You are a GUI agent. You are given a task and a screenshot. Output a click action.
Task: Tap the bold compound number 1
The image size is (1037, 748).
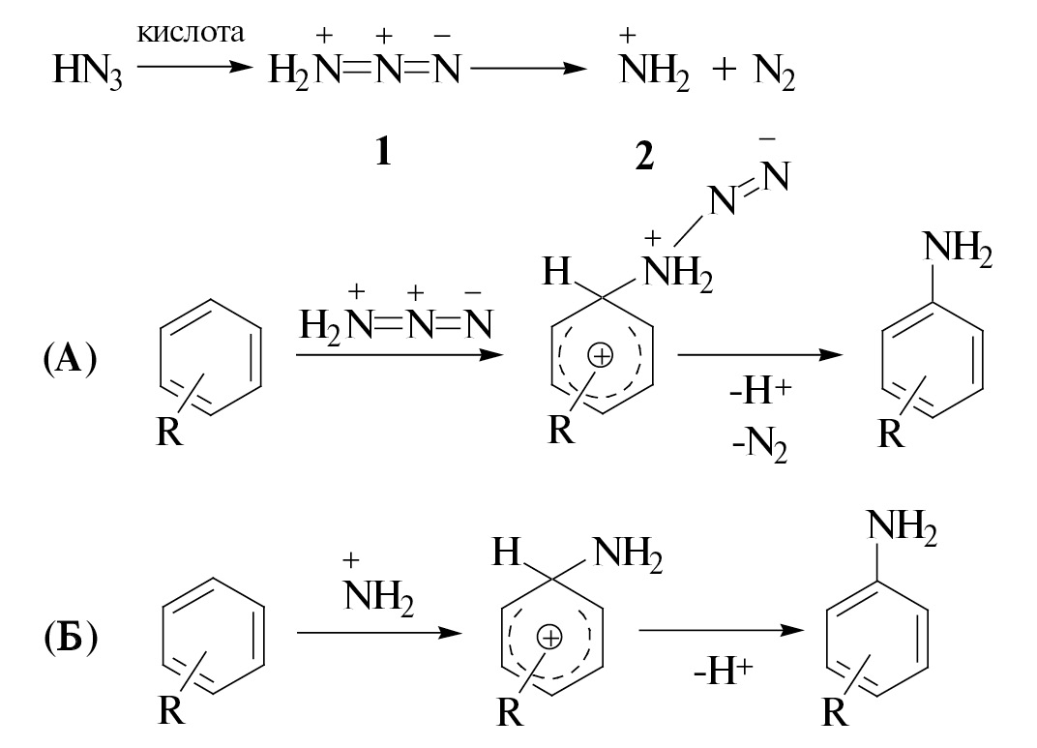383,151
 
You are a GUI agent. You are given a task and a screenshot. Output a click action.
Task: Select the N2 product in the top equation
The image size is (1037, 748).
774,73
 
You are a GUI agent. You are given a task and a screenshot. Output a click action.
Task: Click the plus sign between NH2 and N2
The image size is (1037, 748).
724,72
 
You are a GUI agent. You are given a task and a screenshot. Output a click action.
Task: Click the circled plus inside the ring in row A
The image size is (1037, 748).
602,357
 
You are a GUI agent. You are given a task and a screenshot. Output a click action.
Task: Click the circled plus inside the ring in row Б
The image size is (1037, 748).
549,638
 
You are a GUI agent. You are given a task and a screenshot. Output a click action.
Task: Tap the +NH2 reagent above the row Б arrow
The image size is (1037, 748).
378,590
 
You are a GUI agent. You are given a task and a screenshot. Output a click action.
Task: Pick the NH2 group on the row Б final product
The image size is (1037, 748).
903,530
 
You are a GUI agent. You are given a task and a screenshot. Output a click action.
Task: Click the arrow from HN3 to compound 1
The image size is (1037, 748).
192,68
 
